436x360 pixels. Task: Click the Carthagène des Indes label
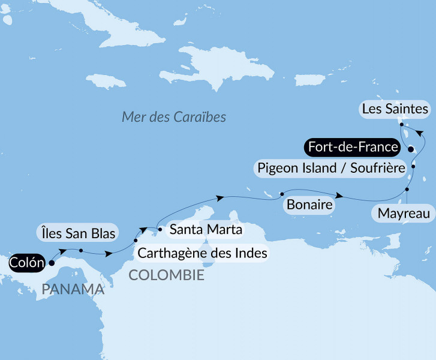202,253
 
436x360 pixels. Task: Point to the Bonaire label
309,205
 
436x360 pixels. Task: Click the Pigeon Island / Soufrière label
330,167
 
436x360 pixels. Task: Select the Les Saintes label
395,109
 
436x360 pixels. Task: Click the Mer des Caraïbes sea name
174,116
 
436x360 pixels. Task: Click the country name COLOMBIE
166,275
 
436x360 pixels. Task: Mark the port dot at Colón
51,263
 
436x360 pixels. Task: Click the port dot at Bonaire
281,194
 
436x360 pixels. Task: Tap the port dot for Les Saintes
401,124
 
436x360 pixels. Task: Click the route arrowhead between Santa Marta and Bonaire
221,197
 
